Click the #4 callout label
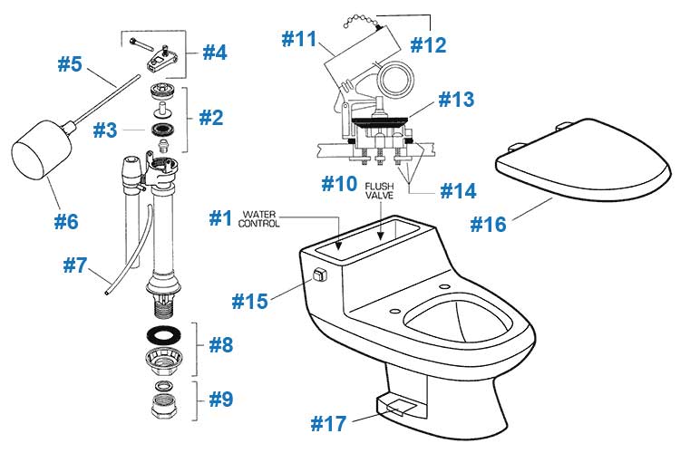click(x=215, y=53)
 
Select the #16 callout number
click(x=489, y=224)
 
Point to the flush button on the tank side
click(x=319, y=275)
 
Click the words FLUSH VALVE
click(x=380, y=191)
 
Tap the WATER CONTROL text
click(x=259, y=219)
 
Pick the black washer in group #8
click(x=164, y=334)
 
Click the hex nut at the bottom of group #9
click(x=164, y=406)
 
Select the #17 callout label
click(x=329, y=423)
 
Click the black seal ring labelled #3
click(x=164, y=130)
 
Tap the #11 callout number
click(x=299, y=39)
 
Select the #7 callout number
click(x=75, y=265)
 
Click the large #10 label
click(x=339, y=184)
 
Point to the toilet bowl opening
click(x=458, y=322)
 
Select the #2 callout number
click(x=211, y=118)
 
